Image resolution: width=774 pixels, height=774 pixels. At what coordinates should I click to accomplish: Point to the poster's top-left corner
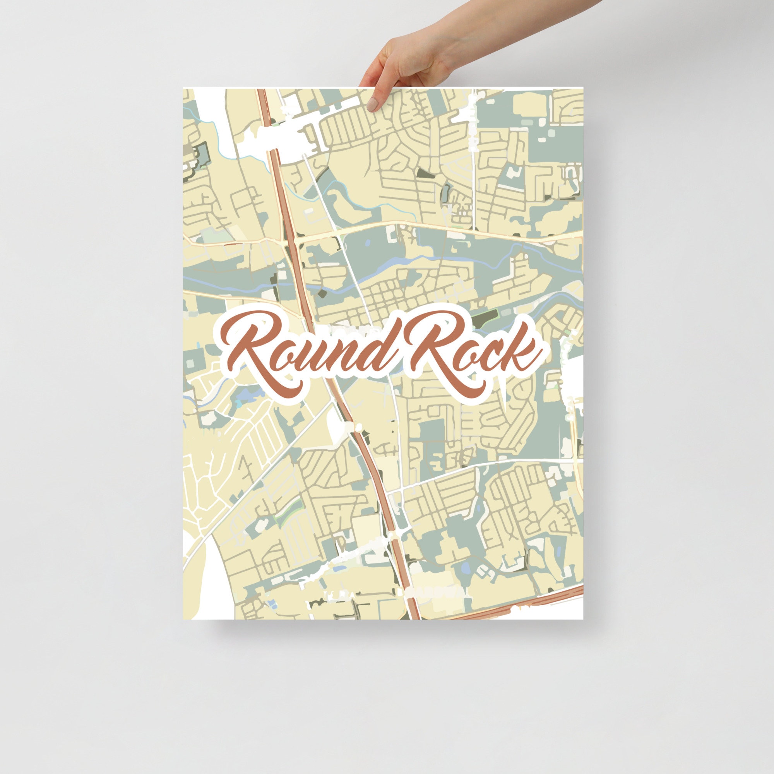pos(184,88)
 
